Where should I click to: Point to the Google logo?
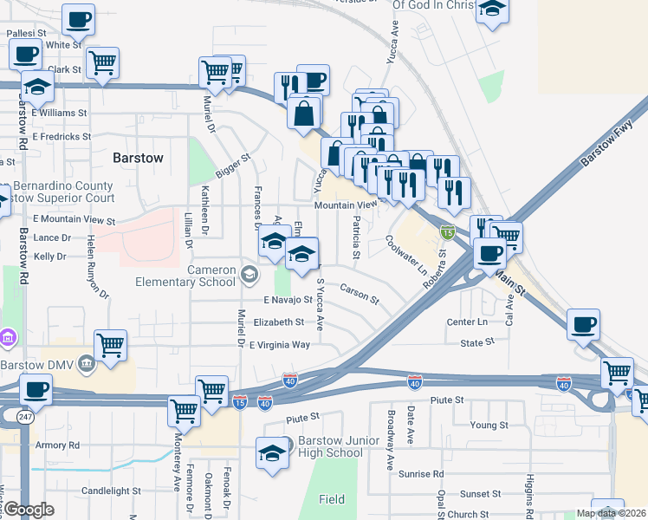pos(28,510)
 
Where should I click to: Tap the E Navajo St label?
pos(288,300)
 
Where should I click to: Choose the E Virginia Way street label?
pos(279,345)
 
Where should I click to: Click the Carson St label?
pos(360,294)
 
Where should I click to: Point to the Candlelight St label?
pos(111,491)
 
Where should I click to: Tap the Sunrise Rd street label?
pos(420,474)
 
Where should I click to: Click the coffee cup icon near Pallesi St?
pos(79,18)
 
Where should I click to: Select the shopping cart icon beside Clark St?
pos(102,62)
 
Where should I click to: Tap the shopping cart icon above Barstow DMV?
pos(110,345)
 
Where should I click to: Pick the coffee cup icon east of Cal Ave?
pos(583,324)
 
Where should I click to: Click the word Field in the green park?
pos(331,499)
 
